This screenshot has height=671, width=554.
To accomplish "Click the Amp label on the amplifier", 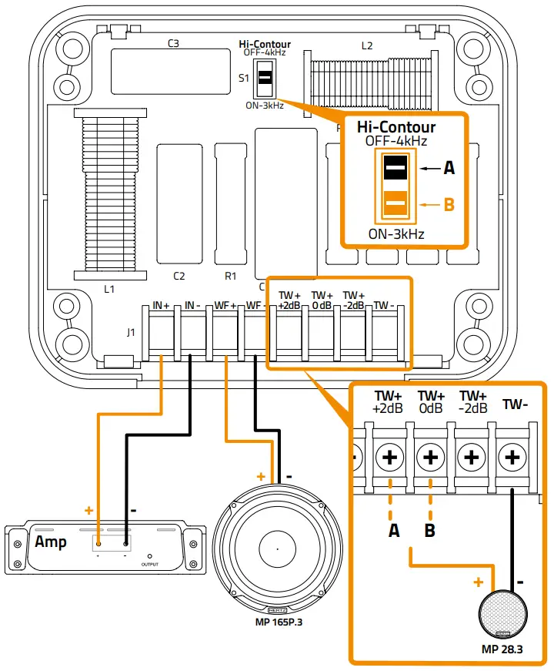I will [x=51, y=542].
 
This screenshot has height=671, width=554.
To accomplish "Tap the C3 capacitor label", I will [x=174, y=44].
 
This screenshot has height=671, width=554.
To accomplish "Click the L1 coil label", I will [x=109, y=289].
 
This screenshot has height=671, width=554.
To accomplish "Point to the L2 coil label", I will [x=367, y=45].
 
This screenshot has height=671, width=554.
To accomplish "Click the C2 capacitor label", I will [x=179, y=275].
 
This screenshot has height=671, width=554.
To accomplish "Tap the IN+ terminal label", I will [x=161, y=307].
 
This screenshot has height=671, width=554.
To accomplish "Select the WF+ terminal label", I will [x=225, y=307].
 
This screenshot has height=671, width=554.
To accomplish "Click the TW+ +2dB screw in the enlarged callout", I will [x=390, y=457].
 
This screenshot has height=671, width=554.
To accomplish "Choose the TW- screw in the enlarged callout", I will [x=512, y=457].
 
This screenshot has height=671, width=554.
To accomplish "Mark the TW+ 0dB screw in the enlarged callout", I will [x=431, y=457].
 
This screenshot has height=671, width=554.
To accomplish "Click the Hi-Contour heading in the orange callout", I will [x=395, y=127].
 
